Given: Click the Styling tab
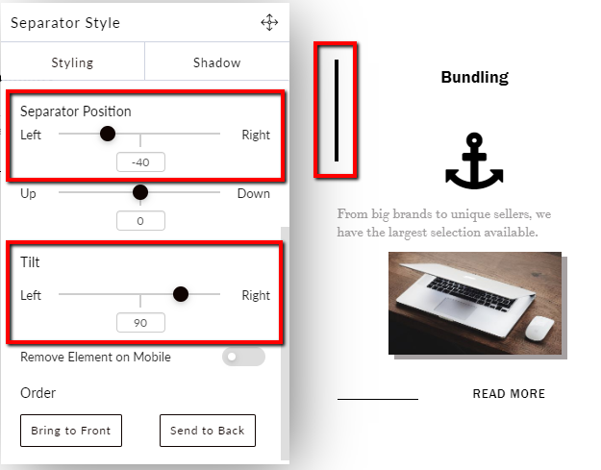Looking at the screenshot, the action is (72, 62).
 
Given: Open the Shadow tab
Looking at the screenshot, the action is (217, 62).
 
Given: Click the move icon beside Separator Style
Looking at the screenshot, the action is (269, 23).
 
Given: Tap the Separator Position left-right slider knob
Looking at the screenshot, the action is (108, 134).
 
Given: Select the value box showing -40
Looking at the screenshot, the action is (140, 162).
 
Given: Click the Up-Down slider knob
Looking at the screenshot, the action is (140, 192).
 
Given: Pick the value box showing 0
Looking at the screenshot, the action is (140, 221).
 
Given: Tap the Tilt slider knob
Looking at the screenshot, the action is (181, 294).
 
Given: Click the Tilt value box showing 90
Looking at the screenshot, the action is (140, 323).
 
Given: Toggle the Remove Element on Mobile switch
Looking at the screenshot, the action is (243, 357).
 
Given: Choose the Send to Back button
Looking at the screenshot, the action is (208, 431).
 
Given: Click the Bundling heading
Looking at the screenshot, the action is (474, 77).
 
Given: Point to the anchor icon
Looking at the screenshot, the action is (474, 161).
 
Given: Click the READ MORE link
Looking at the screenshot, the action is (509, 393).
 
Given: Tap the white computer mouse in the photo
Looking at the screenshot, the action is (539, 329).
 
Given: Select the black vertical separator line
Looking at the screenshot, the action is (337, 111).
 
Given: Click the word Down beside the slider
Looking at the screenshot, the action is (253, 193).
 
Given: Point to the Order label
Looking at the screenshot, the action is (38, 393).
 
